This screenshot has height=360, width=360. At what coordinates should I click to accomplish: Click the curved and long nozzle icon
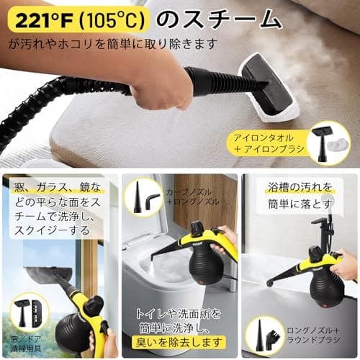[144, 198]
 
